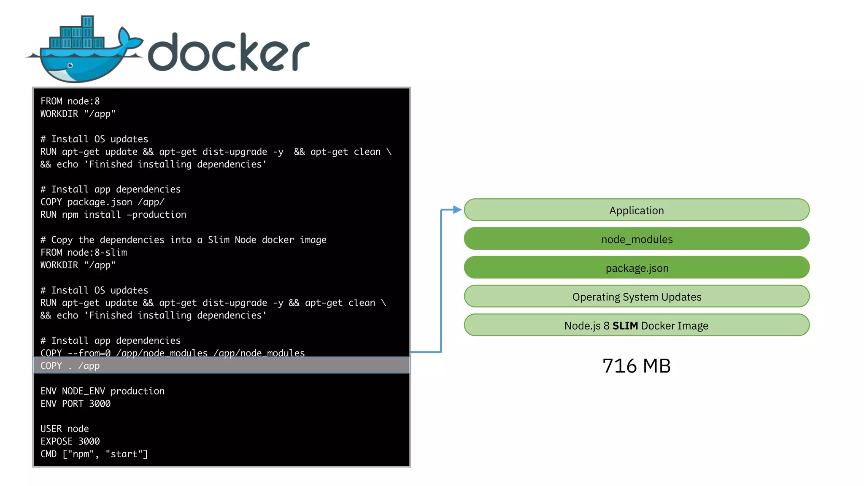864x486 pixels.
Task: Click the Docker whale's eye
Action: [x=70, y=65]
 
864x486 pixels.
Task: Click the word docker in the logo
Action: [x=228, y=53]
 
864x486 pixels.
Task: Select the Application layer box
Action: [x=636, y=210]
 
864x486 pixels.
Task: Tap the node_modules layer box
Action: [x=636, y=239]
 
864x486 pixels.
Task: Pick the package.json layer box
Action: [x=636, y=268]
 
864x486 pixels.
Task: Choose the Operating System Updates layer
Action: [x=636, y=297]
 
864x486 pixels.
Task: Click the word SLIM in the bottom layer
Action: [x=625, y=326]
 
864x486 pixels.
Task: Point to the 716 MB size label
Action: [x=636, y=366]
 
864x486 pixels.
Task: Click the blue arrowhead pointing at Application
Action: [x=457, y=210]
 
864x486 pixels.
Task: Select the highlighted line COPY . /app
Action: [x=70, y=366]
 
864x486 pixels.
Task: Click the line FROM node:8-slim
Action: [x=84, y=252]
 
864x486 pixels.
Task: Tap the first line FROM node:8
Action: [x=70, y=101]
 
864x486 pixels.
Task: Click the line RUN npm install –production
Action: [x=113, y=215]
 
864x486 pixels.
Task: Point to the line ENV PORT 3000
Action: [x=76, y=404]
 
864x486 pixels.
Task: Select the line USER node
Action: [x=65, y=429]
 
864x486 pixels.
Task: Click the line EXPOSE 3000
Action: [x=70, y=441]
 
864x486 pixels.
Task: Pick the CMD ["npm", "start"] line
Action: [x=94, y=454]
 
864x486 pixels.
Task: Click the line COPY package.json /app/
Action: [x=103, y=202]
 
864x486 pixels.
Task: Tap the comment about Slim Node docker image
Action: [x=183, y=240]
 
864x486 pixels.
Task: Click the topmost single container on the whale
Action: [x=87, y=22]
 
